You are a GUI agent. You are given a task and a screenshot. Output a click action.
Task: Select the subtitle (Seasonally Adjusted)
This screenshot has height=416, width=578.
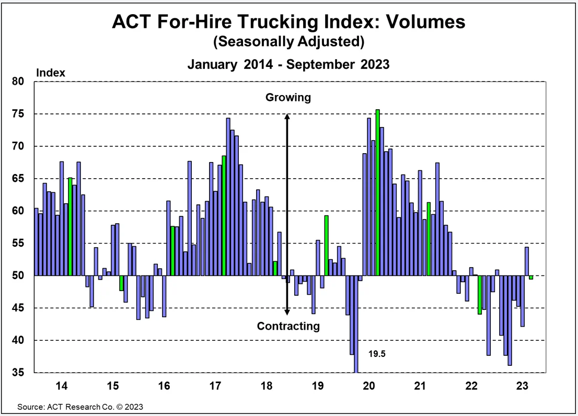point(288,41)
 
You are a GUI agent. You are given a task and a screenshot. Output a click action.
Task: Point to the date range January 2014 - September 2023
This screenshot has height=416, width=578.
point(288,64)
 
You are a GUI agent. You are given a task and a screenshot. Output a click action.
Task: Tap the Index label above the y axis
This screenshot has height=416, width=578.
point(50,73)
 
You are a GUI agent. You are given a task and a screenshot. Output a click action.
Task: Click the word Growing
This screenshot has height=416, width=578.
point(288,97)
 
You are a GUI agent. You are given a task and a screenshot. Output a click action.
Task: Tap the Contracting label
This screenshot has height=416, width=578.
point(288,327)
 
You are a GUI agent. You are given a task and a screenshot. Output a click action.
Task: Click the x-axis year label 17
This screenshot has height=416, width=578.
point(215,386)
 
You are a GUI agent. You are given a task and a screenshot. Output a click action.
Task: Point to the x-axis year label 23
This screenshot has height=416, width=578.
point(522,386)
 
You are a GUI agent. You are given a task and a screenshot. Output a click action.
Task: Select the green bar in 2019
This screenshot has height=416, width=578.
point(326,245)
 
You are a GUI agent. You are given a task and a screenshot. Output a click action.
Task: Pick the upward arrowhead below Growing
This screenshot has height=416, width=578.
point(287,117)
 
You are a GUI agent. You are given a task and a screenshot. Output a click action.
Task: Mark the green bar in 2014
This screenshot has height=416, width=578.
point(70,226)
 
